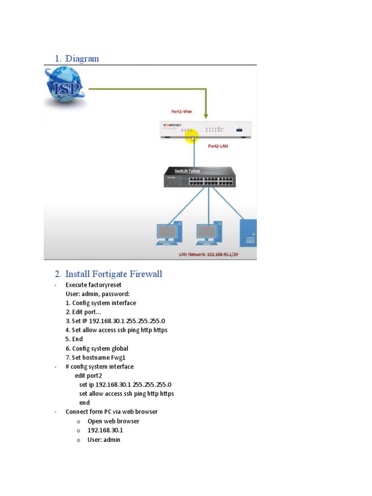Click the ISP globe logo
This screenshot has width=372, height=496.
[x=64, y=88]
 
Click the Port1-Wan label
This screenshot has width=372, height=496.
[x=182, y=111]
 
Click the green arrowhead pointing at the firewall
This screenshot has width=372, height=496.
[x=206, y=115]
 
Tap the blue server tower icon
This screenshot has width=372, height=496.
[x=248, y=233]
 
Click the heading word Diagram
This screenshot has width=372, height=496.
[x=82, y=59]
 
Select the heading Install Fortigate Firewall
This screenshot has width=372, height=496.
[x=113, y=274]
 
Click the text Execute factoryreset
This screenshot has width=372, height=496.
[x=93, y=285]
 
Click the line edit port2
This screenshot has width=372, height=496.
[x=88, y=375]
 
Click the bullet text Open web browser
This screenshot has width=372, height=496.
[x=113, y=421]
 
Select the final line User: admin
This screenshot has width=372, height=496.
[x=104, y=439]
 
